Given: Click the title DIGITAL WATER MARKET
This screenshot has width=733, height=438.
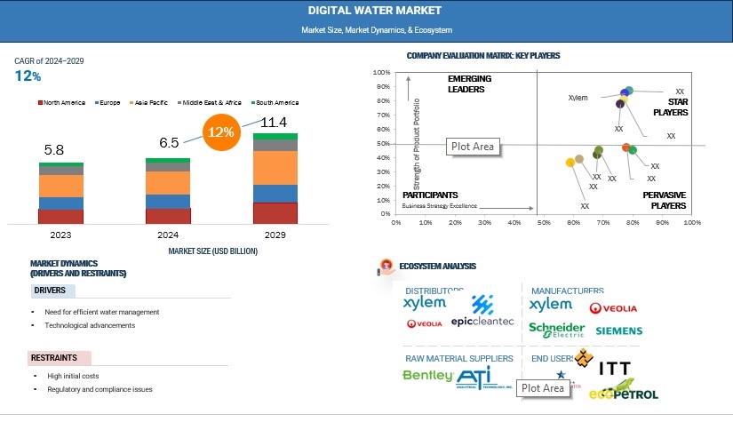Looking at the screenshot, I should [x=366, y=11].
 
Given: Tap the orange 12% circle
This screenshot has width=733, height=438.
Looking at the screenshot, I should [x=220, y=132].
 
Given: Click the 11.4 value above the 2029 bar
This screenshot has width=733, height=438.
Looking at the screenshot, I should [x=273, y=122].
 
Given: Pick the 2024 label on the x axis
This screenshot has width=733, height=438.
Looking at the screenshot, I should [x=168, y=236].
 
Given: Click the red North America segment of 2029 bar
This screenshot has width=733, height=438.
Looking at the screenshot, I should [x=275, y=213].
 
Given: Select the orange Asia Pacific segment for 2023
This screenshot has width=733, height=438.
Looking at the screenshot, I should [x=60, y=186].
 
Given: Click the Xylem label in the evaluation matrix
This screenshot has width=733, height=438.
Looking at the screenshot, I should [x=578, y=98].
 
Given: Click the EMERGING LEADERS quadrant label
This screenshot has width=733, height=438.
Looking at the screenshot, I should [x=469, y=84].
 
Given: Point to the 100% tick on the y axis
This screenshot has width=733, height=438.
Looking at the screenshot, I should [x=382, y=73].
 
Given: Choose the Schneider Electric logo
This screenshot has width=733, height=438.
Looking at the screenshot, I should [x=556, y=330].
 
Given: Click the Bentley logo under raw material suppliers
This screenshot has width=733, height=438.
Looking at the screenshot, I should [x=426, y=376].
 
